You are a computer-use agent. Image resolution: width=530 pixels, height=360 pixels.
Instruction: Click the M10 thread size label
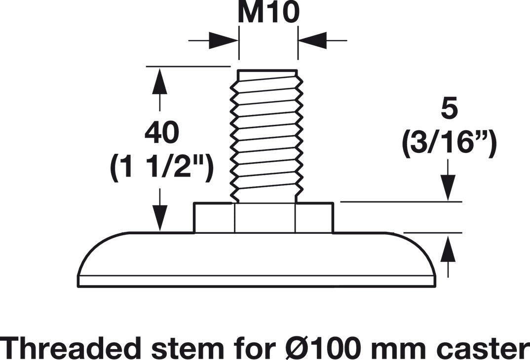[268, 12]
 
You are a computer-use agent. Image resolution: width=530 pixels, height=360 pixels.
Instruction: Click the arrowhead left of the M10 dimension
[224, 40]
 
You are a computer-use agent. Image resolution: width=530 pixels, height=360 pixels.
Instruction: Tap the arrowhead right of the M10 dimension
[312, 40]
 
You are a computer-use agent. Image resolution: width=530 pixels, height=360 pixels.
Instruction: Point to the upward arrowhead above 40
[159, 80]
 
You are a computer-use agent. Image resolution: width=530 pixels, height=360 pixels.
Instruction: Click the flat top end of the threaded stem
[267, 70]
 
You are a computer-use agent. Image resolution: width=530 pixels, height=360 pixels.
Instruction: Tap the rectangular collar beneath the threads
[264, 218]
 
